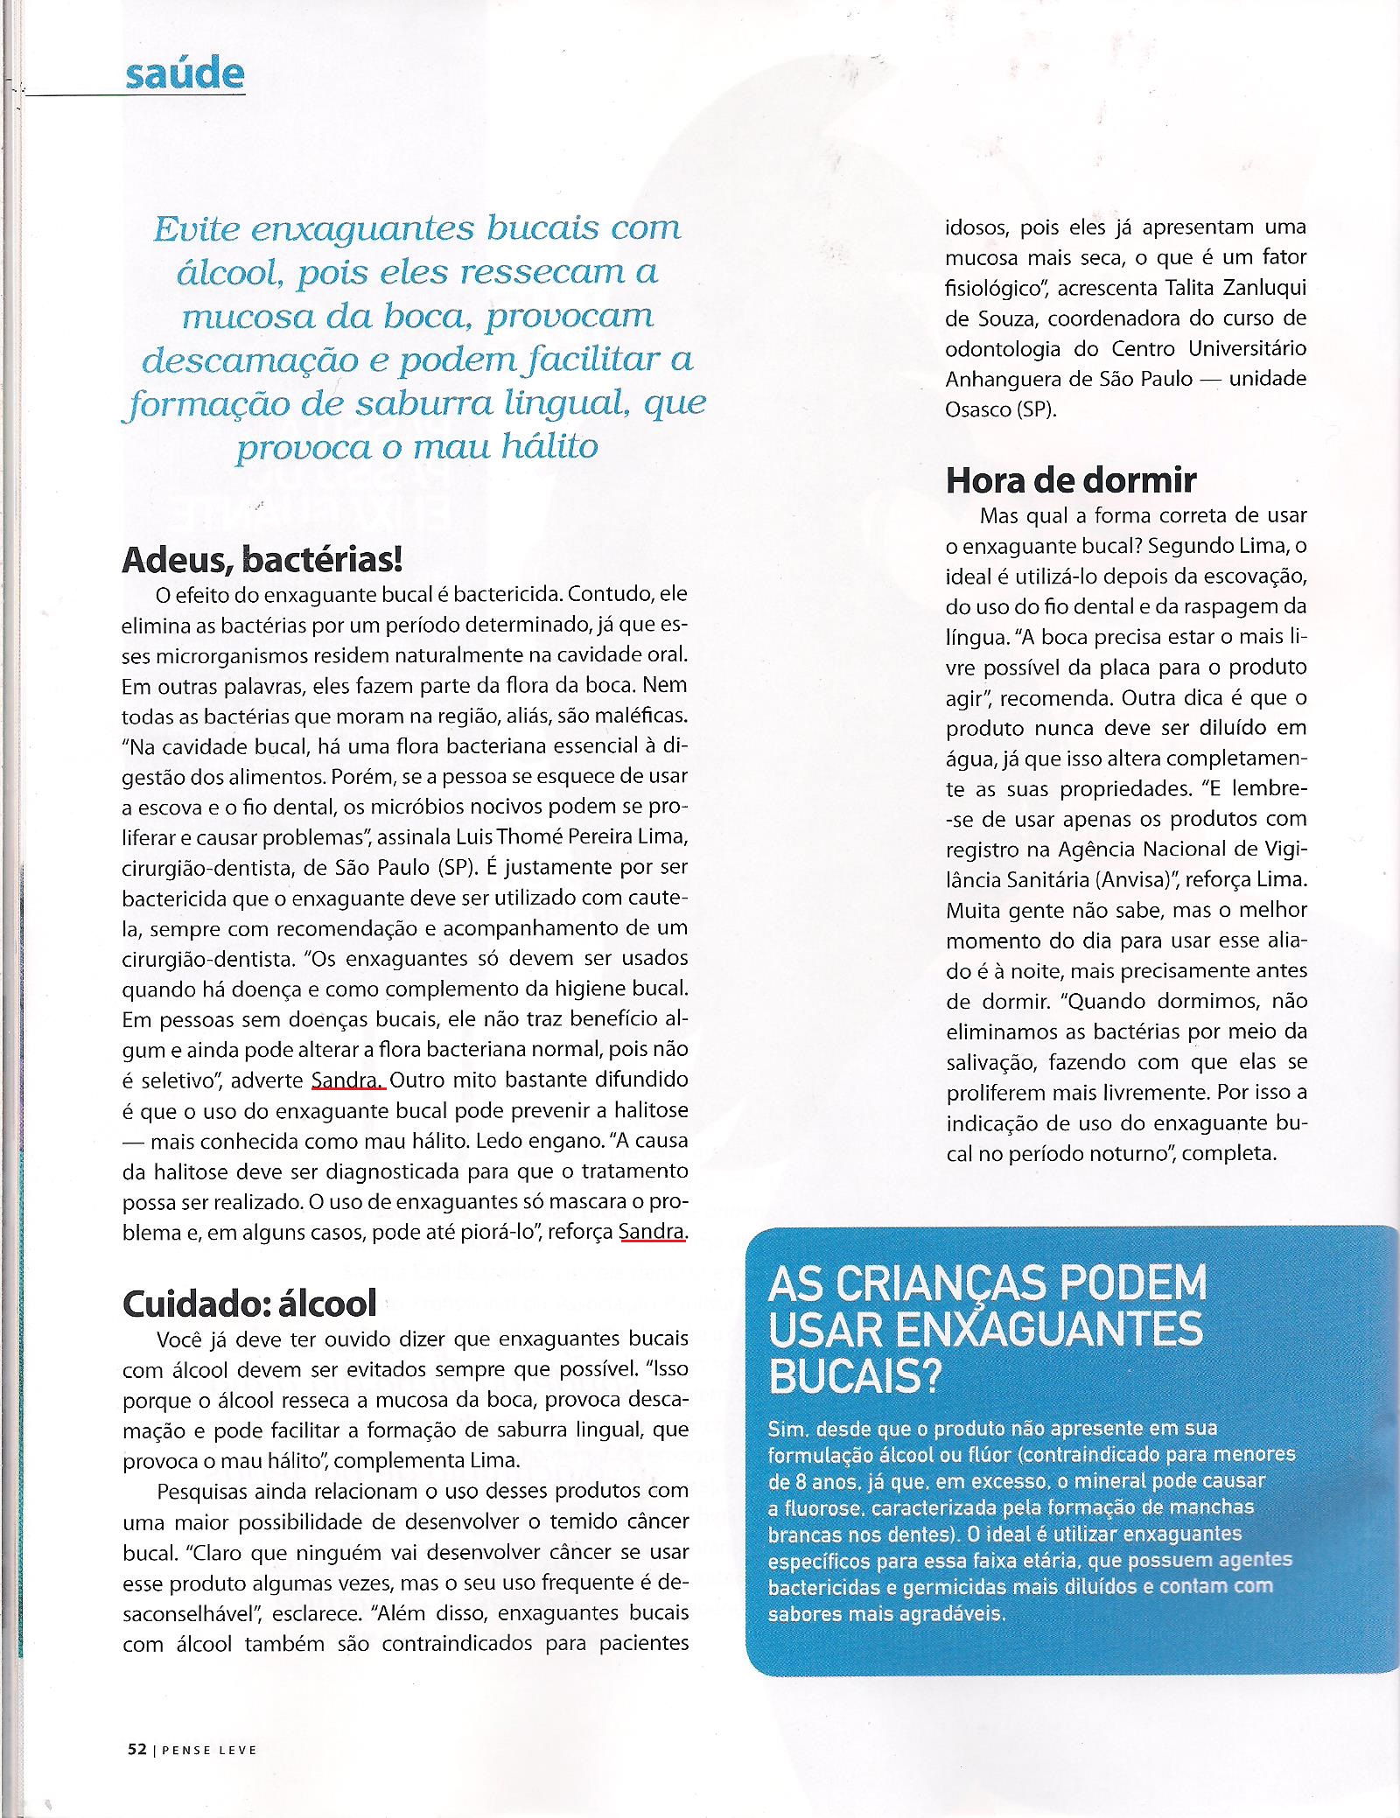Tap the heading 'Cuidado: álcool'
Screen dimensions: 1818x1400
(x=249, y=1303)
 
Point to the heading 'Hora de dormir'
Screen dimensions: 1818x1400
(x=1071, y=480)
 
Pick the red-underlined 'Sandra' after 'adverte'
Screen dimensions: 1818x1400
(x=347, y=1080)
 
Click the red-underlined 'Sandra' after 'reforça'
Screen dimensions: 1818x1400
(x=651, y=1231)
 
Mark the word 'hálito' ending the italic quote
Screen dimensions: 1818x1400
(x=543, y=448)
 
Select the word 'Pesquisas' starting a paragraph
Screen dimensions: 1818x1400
(x=203, y=1490)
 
